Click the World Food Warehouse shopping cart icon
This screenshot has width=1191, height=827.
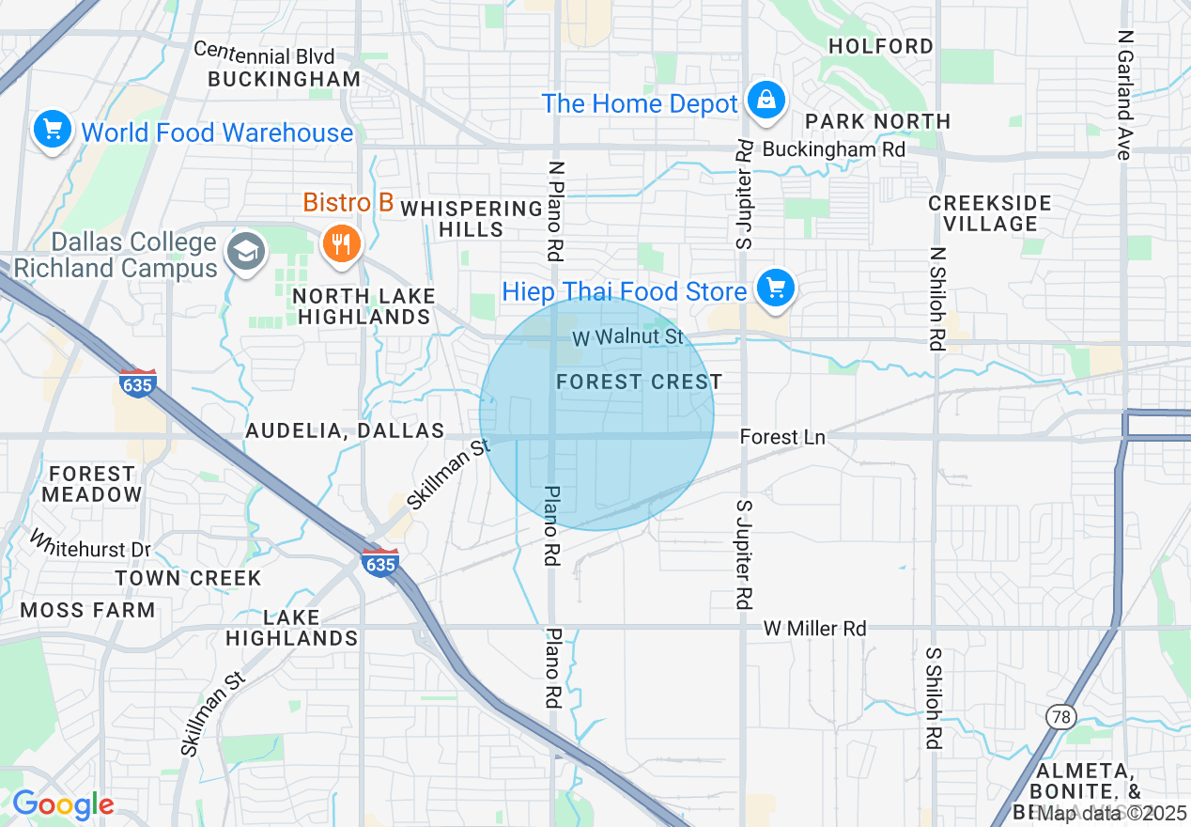pos(53,131)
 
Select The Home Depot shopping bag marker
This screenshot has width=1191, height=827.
pos(766,101)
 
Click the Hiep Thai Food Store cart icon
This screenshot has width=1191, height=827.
pos(775,289)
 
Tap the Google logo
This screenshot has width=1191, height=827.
pos(62,804)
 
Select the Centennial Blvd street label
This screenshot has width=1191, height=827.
pos(264,53)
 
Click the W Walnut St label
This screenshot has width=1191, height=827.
pos(627,336)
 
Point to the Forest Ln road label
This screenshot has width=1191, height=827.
pos(782,437)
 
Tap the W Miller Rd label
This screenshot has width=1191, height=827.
pos(814,628)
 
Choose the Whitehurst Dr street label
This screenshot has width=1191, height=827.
pos(91,546)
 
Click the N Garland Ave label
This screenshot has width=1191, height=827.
pos(1124,94)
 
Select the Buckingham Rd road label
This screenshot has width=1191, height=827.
pos(833,149)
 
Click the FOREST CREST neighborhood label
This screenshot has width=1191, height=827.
pos(639,382)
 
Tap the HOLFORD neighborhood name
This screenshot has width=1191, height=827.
pos(881,46)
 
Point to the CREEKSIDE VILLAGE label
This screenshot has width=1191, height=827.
pos(990,213)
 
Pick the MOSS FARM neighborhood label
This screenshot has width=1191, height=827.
pos(87,610)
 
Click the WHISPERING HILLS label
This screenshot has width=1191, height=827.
pos(471,219)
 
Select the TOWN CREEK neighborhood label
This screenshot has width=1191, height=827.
pos(188,578)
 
